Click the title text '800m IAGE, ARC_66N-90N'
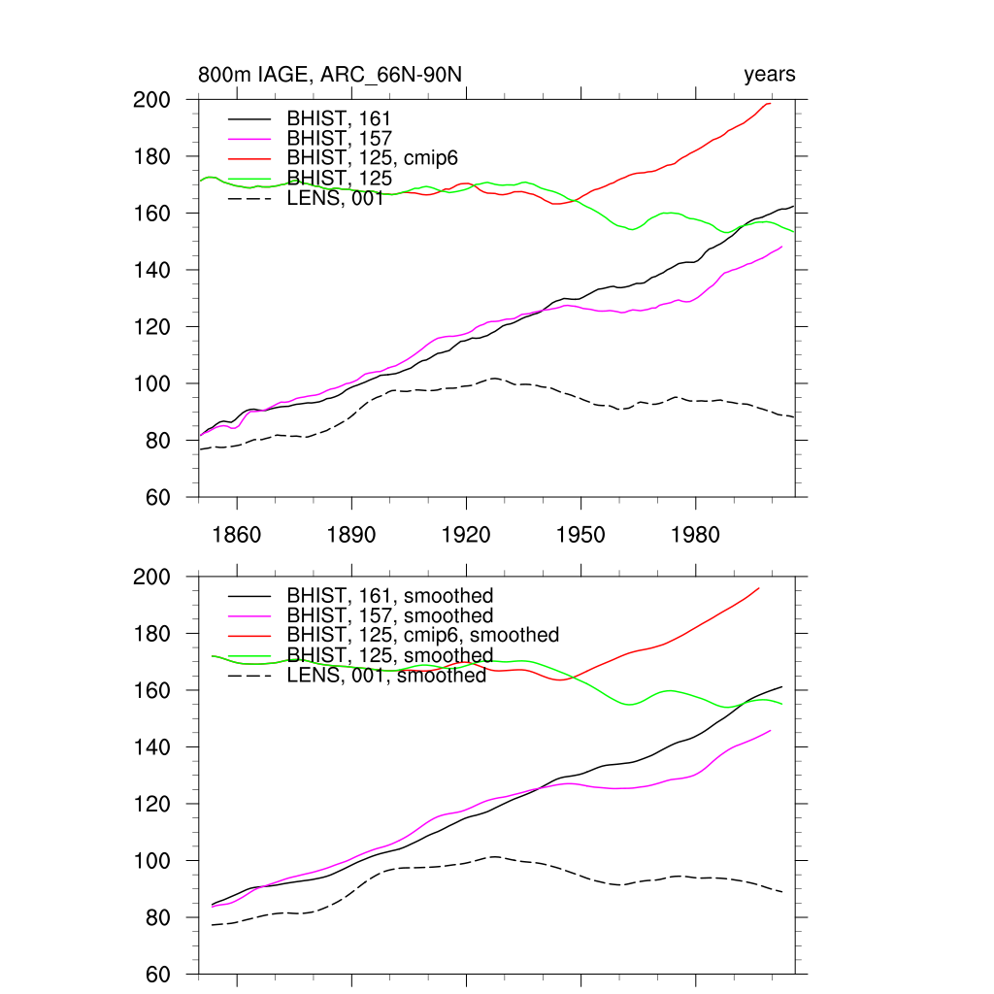(x=330, y=75)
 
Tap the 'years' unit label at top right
(x=769, y=75)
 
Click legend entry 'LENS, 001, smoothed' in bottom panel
(x=386, y=676)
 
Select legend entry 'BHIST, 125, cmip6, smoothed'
(x=423, y=635)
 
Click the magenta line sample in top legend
(x=248, y=139)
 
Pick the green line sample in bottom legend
(x=248, y=656)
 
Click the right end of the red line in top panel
(x=771, y=103)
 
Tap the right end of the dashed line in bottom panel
(x=781, y=892)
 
